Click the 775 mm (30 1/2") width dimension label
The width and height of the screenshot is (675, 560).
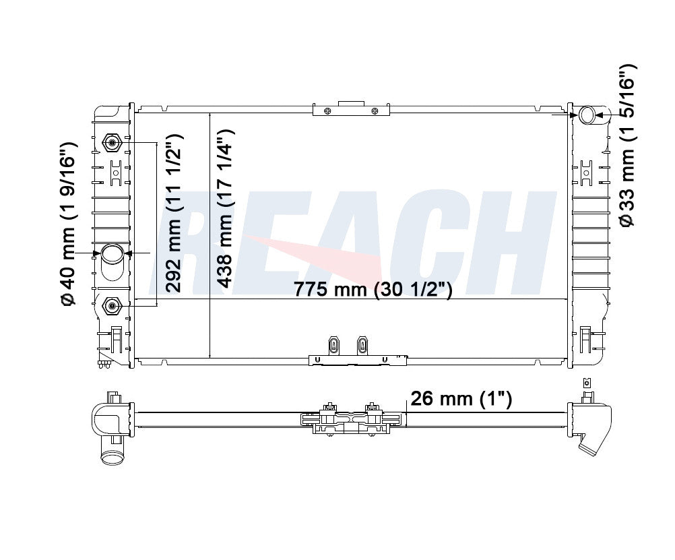coord(373,288)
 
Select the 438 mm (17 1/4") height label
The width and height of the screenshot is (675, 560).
coord(225,208)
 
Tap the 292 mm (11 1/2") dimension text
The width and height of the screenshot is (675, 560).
coord(174,213)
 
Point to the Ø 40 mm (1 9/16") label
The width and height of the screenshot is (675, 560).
coord(69,224)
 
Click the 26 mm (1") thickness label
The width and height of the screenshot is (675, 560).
coord(461,398)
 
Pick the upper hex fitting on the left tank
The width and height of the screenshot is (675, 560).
coord(112,143)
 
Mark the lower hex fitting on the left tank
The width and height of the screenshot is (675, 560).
coord(112,306)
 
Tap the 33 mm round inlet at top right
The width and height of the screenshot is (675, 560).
coord(587,115)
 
